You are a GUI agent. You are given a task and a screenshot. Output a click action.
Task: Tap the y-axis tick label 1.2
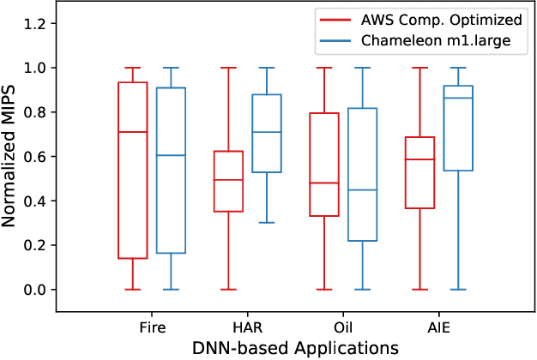click(x=34, y=22)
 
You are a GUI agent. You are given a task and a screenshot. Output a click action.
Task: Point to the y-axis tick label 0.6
click(x=34, y=156)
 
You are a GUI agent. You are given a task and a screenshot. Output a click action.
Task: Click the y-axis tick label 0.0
click(x=34, y=290)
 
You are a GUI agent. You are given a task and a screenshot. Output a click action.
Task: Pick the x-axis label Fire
click(x=152, y=327)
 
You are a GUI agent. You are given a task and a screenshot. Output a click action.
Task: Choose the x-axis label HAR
click(x=247, y=327)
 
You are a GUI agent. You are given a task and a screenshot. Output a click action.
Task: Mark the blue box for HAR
click(x=267, y=134)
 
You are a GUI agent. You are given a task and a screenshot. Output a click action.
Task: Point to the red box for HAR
click(x=228, y=181)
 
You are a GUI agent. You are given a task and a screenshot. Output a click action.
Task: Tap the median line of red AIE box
click(x=419, y=159)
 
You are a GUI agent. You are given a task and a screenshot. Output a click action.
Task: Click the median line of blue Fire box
click(x=171, y=155)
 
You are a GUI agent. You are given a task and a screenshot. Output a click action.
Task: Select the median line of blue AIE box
click(x=458, y=98)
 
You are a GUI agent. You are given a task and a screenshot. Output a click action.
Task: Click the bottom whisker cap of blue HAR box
click(x=267, y=223)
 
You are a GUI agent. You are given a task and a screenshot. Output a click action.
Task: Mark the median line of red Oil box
click(x=323, y=183)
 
